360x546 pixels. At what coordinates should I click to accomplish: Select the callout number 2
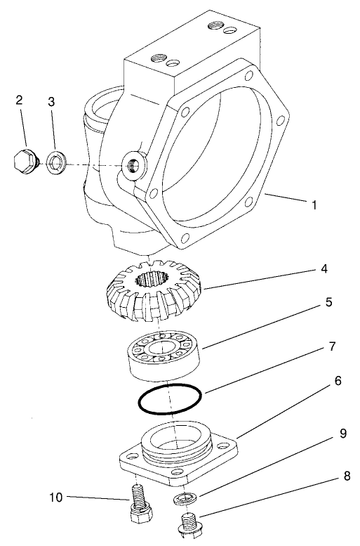click(19, 100)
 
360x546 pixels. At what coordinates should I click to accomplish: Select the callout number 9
click(342, 434)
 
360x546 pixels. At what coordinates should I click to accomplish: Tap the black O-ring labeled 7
click(171, 400)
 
